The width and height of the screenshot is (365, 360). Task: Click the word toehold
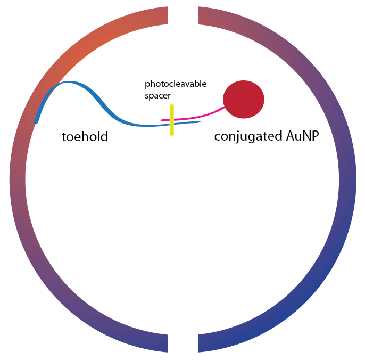pyautogui.click(x=85, y=137)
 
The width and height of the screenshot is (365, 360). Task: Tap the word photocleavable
pyautogui.click(x=176, y=84)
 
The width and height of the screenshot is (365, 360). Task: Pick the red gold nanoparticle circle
pyautogui.click(x=244, y=99)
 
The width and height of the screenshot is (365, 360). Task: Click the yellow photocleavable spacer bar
pyautogui.click(x=172, y=120)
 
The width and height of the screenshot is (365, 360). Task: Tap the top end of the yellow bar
pyautogui.click(x=172, y=105)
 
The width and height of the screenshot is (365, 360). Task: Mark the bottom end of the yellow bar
pyautogui.click(x=172, y=134)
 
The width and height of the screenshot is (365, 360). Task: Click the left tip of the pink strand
pyautogui.click(x=162, y=120)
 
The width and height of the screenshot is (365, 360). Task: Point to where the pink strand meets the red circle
pyautogui.click(x=225, y=107)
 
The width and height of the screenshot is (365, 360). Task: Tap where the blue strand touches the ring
pyautogui.click(x=36, y=121)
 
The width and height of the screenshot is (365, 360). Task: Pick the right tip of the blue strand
pyautogui.click(x=200, y=122)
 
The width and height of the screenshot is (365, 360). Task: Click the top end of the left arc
pyautogui.click(x=167, y=16)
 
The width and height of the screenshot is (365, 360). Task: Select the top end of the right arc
pyautogui.click(x=199, y=16)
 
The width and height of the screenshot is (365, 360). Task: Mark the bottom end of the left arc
pyautogui.click(x=167, y=343)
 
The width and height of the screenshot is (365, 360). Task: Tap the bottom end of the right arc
pyautogui.click(x=199, y=343)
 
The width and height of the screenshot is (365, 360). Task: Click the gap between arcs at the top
pyautogui.click(x=183, y=16)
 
